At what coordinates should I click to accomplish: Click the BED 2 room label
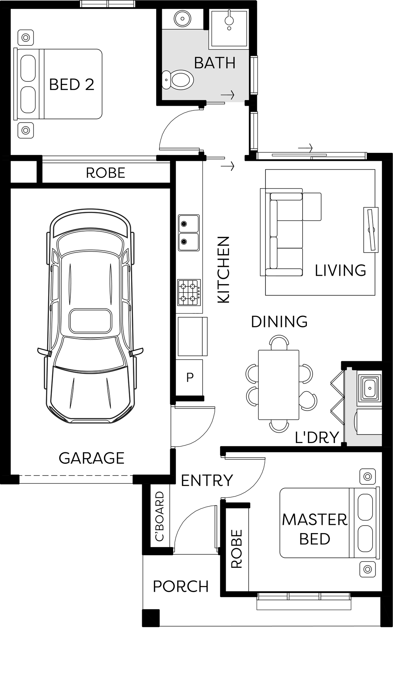[x=71, y=85]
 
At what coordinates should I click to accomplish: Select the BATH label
[x=215, y=63]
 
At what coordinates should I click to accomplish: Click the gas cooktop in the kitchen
[x=189, y=292]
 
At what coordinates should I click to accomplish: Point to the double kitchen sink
[x=189, y=233]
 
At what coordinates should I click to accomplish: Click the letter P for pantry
[x=190, y=377]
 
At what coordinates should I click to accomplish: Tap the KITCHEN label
[x=224, y=270]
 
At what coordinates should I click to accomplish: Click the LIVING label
[x=340, y=270]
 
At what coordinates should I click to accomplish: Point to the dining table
[x=279, y=384]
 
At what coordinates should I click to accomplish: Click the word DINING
[x=279, y=322]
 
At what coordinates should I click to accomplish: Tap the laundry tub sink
[x=369, y=387]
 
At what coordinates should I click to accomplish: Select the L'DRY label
[x=317, y=437]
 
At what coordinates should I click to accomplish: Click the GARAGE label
[x=91, y=458]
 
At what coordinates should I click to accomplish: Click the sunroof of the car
[x=91, y=321]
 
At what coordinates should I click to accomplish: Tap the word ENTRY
[x=207, y=481]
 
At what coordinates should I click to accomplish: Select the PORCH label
[x=181, y=587]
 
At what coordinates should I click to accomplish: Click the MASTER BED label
[x=315, y=529]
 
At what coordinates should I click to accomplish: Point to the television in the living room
[x=371, y=230]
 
